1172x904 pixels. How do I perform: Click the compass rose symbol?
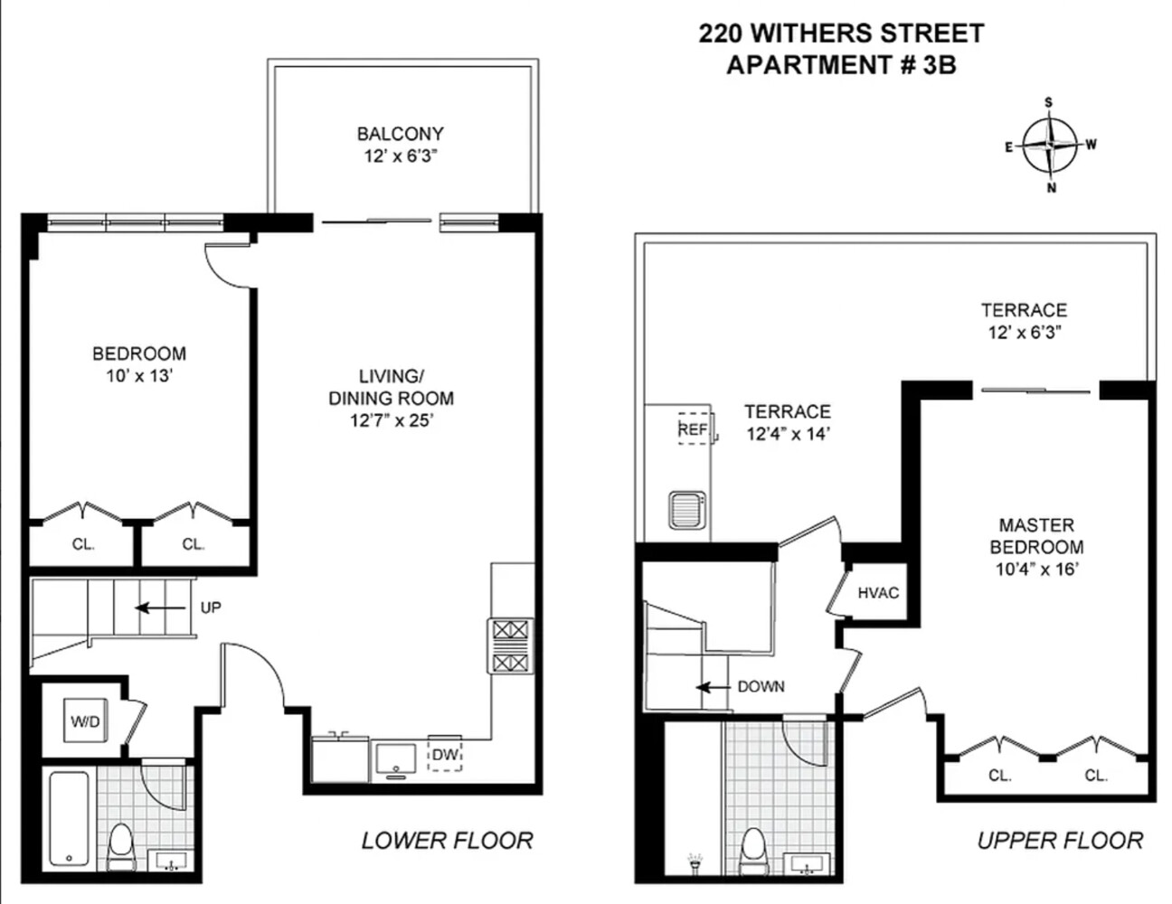[1050, 145]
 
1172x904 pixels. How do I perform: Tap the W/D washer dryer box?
[86, 720]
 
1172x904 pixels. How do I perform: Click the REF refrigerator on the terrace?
[693, 428]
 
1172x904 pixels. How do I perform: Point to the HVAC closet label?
[878, 593]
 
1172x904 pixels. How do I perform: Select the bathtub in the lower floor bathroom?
[68, 819]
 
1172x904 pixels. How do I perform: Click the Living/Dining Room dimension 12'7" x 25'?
[391, 419]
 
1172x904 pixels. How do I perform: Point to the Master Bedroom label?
[1036, 535]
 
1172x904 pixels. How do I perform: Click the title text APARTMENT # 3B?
[841, 65]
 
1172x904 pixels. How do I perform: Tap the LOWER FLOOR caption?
[447, 840]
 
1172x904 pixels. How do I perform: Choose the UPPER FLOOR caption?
[1060, 840]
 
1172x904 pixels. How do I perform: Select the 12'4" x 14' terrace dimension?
[788, 434]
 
